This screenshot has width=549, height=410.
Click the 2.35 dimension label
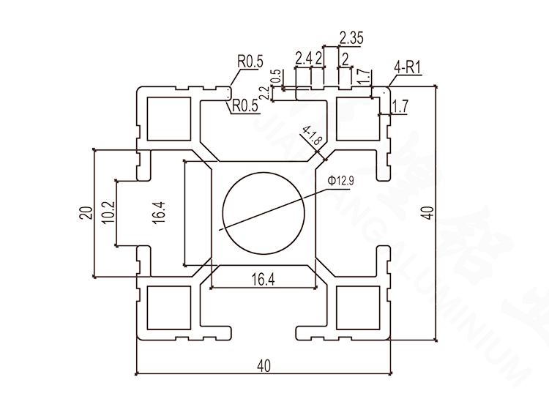tap(352, 38)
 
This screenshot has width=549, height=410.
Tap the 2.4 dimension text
tap(303, 58)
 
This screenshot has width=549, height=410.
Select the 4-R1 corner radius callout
tap(407, 69)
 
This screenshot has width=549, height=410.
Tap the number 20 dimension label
tap(85, 213)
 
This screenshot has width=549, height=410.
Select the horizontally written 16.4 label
tap(264, 278)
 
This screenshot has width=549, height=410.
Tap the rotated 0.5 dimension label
tap(275, 76)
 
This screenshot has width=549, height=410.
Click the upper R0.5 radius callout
tap(249, 63)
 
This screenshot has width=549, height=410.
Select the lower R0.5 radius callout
tap(245, 106)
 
